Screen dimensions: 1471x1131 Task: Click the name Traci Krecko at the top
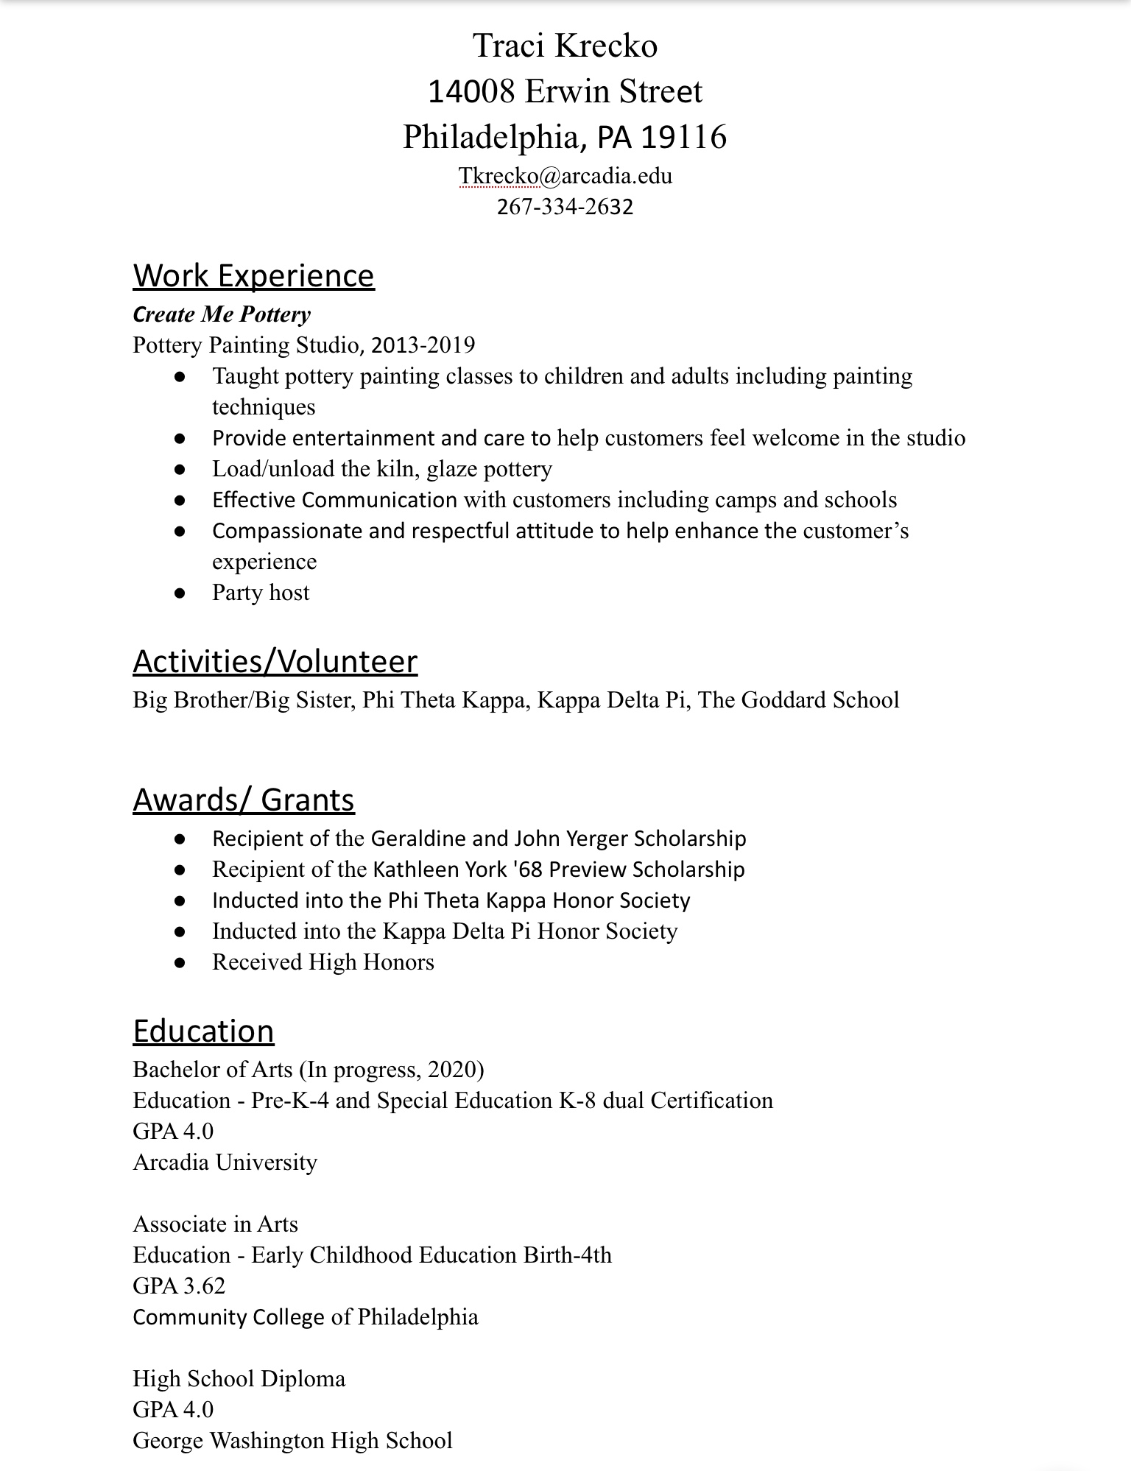tap(565, 46)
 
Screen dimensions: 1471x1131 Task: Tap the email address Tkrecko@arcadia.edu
tap(565, 176)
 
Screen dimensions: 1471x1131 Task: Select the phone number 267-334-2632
tap(565, 206)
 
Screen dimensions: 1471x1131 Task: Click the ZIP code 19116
tap(684, 137)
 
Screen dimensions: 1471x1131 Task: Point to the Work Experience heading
tap(253, 275)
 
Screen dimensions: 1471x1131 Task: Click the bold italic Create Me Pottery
tap(222, 314)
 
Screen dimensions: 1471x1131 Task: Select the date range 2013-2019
tap(423, 345)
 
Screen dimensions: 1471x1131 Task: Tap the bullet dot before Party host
tap(180, 593)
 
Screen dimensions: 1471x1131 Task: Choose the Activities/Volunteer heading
tap(275, 661)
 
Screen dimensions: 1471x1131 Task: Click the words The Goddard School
tap(798, 699)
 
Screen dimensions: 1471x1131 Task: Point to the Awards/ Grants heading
tap(244, 800)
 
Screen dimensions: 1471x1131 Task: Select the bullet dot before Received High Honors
tap(180, 963)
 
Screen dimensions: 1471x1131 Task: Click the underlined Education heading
tap(203, 1031)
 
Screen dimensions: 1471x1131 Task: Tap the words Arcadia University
tap(225, 1162)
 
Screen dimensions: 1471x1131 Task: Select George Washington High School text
tap(292, 1440)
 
